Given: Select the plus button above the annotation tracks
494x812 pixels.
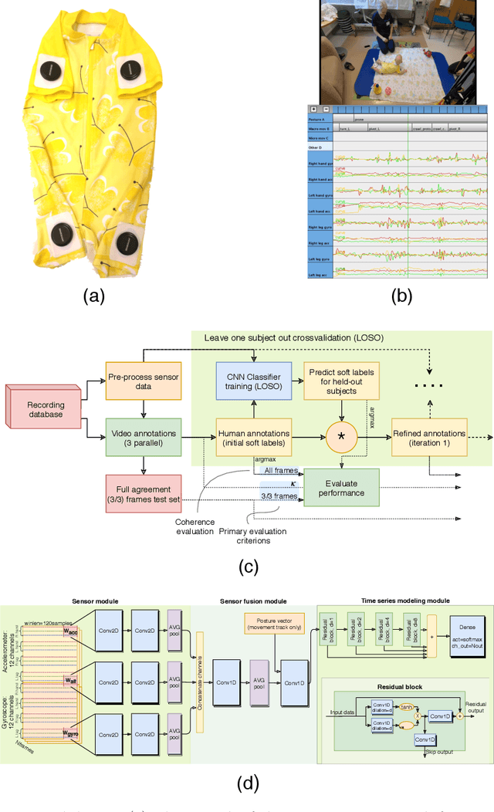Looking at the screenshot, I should (x=313, y=110).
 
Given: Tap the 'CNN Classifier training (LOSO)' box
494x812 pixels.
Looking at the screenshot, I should (x=253, y=381).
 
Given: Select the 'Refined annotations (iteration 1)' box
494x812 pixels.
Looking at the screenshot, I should (x=428, y=438).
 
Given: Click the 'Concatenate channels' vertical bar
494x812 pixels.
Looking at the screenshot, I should (x=199, y=682).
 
